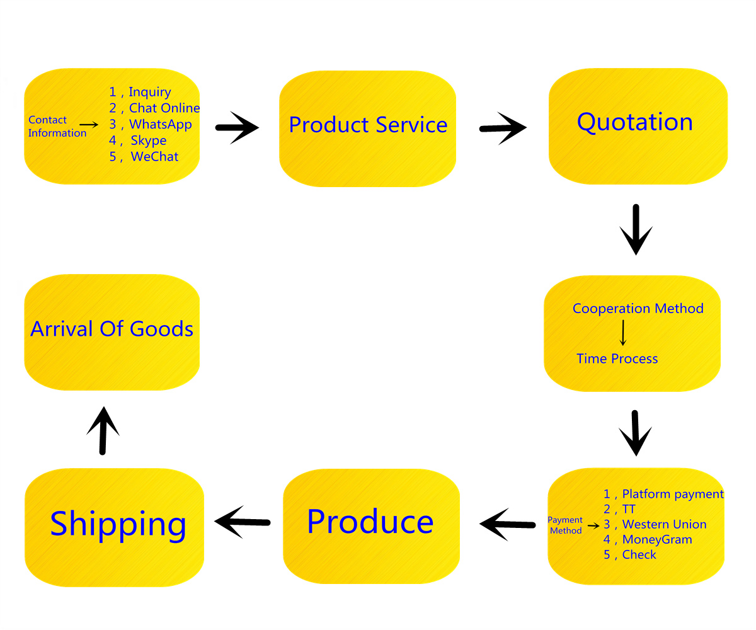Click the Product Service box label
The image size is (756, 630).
point(368,125)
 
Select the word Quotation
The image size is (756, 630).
point(635,122)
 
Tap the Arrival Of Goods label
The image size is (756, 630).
point(112,329)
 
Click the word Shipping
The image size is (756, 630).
point(118,524)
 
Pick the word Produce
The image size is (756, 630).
point(370,522)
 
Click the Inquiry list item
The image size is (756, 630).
point(149,93)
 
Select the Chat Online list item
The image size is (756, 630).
point(164,108)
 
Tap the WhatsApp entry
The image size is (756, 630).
point(160,124)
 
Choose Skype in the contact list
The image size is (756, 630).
point(149,140)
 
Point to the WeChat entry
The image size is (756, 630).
point(154,157)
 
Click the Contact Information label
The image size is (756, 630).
point(57,127)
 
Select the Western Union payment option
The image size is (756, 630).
point(664,524)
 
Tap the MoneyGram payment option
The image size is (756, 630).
point(657,539)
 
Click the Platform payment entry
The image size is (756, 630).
point(673,494)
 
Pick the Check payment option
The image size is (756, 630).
point(639,554)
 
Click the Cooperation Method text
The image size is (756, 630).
point(638,309)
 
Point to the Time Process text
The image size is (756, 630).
point(617,359)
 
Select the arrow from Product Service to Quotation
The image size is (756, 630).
point(503,128)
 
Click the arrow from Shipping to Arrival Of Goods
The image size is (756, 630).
point(103,430)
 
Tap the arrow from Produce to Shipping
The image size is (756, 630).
point(243,522)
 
